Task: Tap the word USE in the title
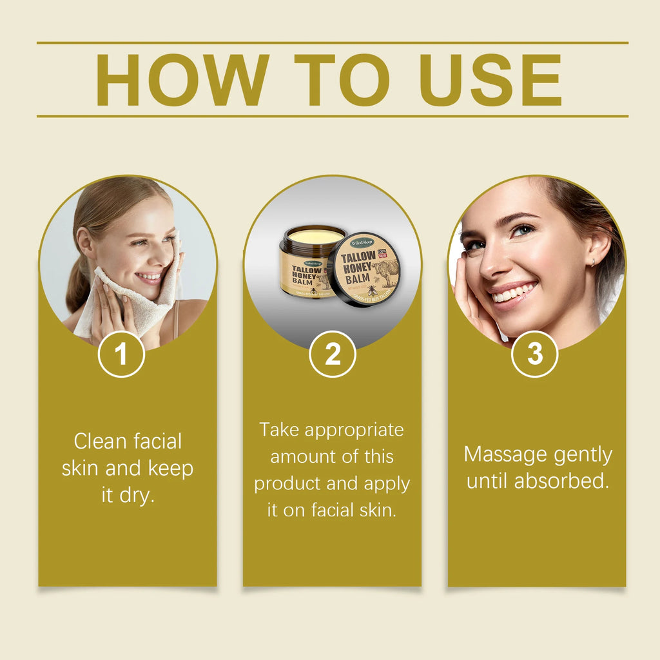490,80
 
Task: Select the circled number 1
121,353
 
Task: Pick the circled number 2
333,353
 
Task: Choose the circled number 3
535,353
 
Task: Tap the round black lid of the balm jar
365,269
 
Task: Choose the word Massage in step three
505,454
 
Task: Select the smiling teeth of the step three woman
513,295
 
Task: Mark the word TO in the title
341,80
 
